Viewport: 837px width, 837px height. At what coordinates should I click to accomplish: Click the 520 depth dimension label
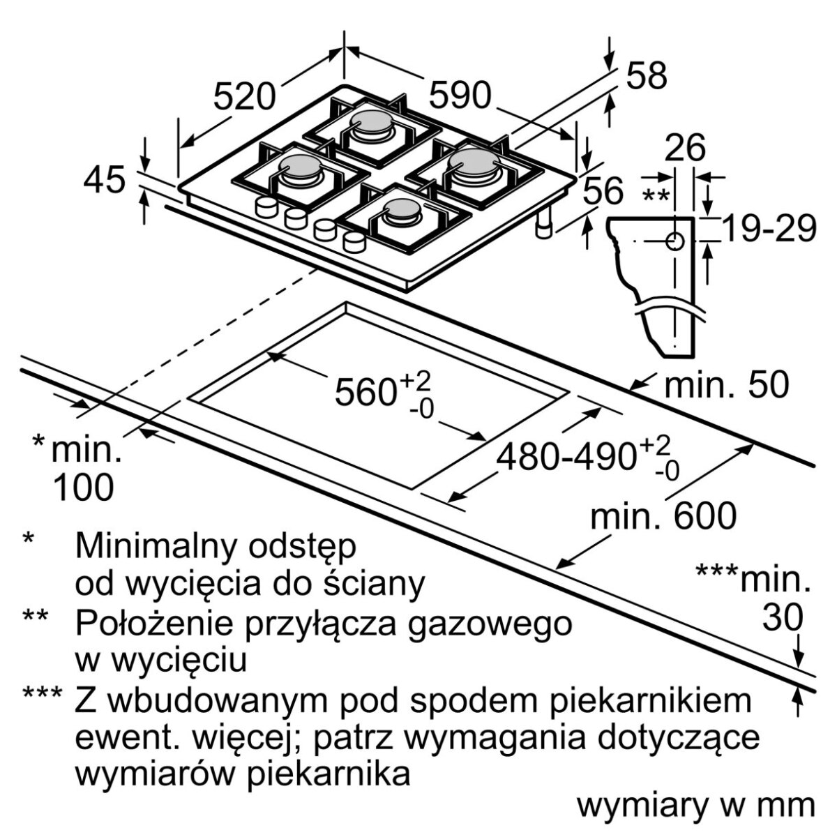[244, 96]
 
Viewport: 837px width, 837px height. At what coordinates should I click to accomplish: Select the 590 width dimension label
[460, 95]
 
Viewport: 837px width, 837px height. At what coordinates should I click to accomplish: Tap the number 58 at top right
[647, 75]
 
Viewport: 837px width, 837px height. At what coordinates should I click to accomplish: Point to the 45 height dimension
[104, 180]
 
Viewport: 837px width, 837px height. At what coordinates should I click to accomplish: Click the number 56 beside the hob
[603, 190]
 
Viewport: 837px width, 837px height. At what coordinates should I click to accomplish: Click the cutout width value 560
[365, 392]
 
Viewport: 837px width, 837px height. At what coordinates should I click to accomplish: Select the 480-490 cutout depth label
[565, 457]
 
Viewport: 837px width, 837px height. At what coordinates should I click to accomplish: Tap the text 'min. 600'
[663, 517]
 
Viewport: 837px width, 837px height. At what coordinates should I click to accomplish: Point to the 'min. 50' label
[726, 384]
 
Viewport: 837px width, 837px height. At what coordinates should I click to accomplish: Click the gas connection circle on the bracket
[674, 242]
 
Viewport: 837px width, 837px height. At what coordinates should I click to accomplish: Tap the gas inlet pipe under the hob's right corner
[544, 224]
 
